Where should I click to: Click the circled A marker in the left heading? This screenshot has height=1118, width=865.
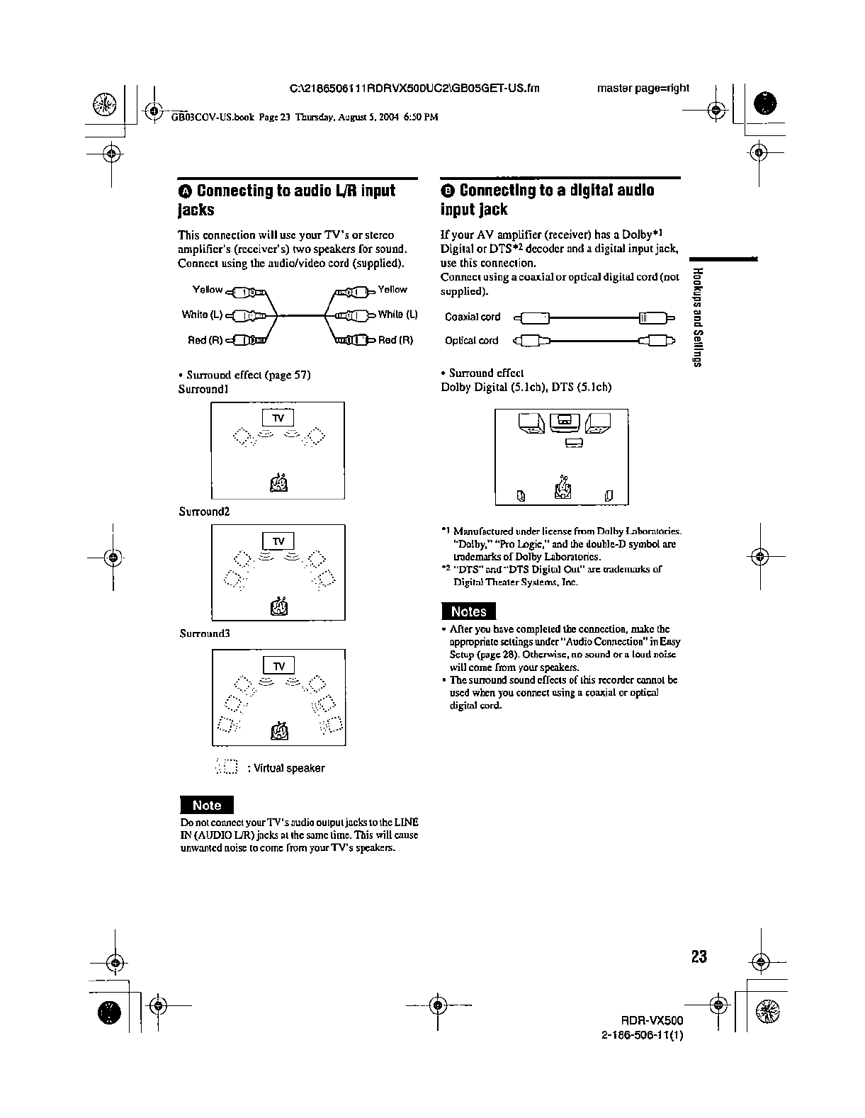[x=185, y=191]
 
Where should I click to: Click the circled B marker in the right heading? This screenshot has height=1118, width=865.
[x=447, y=191]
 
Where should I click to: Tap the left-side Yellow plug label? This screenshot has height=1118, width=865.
[x=208, y=290]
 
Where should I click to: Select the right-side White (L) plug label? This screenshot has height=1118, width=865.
[x=397, y=315]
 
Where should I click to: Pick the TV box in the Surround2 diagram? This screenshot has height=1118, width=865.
[x=278, y=541]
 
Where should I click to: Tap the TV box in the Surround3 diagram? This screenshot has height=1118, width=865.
[x=278, y=666]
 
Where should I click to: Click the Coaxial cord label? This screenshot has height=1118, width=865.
[x=473, y=317]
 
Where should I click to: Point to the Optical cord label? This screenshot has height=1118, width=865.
[x=471, y=341]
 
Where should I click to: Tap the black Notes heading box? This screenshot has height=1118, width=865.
[x=468, y=611]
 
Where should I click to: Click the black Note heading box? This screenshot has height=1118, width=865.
[x=206, y=805]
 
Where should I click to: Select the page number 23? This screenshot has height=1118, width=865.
[x=699, y=956]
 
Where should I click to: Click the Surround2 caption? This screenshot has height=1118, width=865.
[x=204, y=511]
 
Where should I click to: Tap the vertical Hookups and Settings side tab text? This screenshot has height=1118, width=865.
[x=698, y=318]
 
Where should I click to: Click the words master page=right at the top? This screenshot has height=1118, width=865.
[x=643, y=88]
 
